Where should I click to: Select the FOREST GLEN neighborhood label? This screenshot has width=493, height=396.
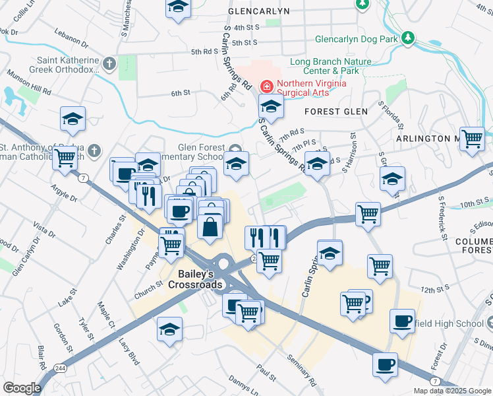coord(336,112)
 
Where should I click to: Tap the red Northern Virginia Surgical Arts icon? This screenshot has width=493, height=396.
coord(267,85)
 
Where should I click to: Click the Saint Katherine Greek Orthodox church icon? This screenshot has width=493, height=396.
coord(109,64)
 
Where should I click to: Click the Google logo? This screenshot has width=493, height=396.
coord(22,387)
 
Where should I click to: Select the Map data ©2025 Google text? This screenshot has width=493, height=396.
coord(451,391)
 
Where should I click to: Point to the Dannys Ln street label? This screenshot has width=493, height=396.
coord(244,385)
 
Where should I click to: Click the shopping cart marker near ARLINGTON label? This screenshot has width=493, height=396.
coord(472,140)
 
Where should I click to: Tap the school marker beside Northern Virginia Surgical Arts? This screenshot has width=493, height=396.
coord(270,107)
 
